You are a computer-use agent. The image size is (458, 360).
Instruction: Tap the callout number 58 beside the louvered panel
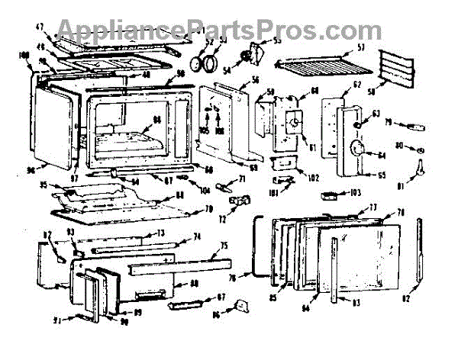(372, 91)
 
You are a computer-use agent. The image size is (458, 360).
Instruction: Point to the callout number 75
(224, 245)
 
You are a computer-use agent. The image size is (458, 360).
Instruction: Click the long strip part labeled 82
(421, 252)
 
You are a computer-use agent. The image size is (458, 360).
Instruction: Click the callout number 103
(356, 191)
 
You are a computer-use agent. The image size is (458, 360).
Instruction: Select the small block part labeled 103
(329, 195)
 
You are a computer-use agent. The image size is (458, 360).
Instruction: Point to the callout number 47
(40, 27)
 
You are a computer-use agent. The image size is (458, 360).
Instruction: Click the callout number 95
(45, 185)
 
